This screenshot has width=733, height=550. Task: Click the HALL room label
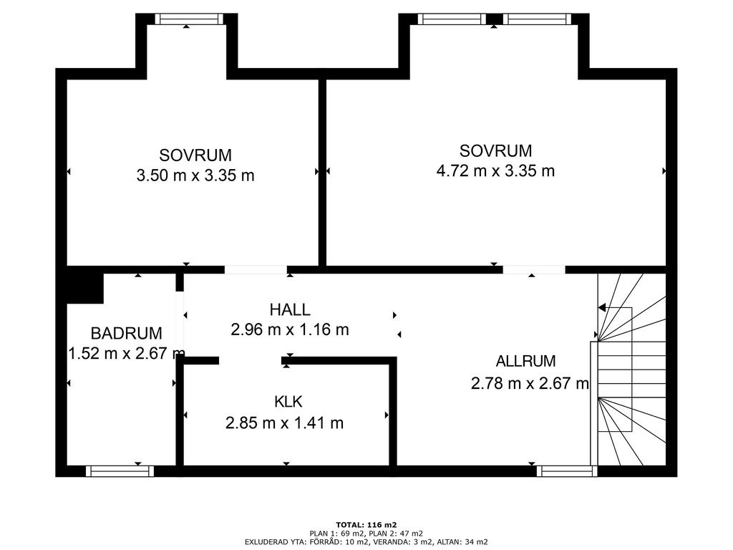[x=290, y=309]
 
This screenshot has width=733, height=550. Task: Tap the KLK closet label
[x=288, y=402]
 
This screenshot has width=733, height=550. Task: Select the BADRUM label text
[x=126, y=334]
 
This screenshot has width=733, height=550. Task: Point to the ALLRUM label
[x=525, y=361]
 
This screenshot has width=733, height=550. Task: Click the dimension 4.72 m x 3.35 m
[x=495, y=170]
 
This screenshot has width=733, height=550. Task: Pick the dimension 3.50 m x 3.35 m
[x=195, y=176]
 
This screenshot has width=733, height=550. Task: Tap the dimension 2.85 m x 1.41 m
[x=284, y=423]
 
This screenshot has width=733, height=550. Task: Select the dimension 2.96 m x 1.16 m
[x=290, y=329]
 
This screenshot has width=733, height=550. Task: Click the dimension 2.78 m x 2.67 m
[x=530, y=384]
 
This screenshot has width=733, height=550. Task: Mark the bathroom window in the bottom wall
[x=120, y=471]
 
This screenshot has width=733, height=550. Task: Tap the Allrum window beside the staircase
[x=567, y=471]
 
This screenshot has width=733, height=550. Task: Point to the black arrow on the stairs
[x=602, y=308]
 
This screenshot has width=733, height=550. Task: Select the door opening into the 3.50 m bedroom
[x=256, y=270]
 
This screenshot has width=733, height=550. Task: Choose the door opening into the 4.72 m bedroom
[x=534, y=270]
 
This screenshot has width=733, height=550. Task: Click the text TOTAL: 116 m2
[x=366, y=525]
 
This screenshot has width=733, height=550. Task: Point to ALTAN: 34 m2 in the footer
[x=462, y=542]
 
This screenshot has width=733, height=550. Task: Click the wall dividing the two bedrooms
[x=322, y=172]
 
